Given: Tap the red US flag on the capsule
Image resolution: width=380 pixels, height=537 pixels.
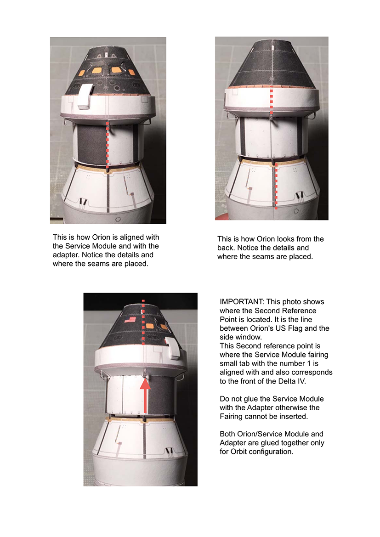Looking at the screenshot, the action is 130,320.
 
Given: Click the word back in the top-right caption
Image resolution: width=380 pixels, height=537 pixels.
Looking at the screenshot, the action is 226,248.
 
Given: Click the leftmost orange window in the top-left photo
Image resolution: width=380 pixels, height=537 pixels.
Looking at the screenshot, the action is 81,73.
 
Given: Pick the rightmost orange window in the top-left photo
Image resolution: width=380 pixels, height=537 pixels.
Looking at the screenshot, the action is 131,72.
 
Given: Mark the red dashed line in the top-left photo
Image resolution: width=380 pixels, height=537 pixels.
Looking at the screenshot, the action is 108,145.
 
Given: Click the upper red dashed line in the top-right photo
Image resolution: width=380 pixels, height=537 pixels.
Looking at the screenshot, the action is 272,102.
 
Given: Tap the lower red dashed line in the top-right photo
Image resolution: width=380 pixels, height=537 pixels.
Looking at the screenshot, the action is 276,186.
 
